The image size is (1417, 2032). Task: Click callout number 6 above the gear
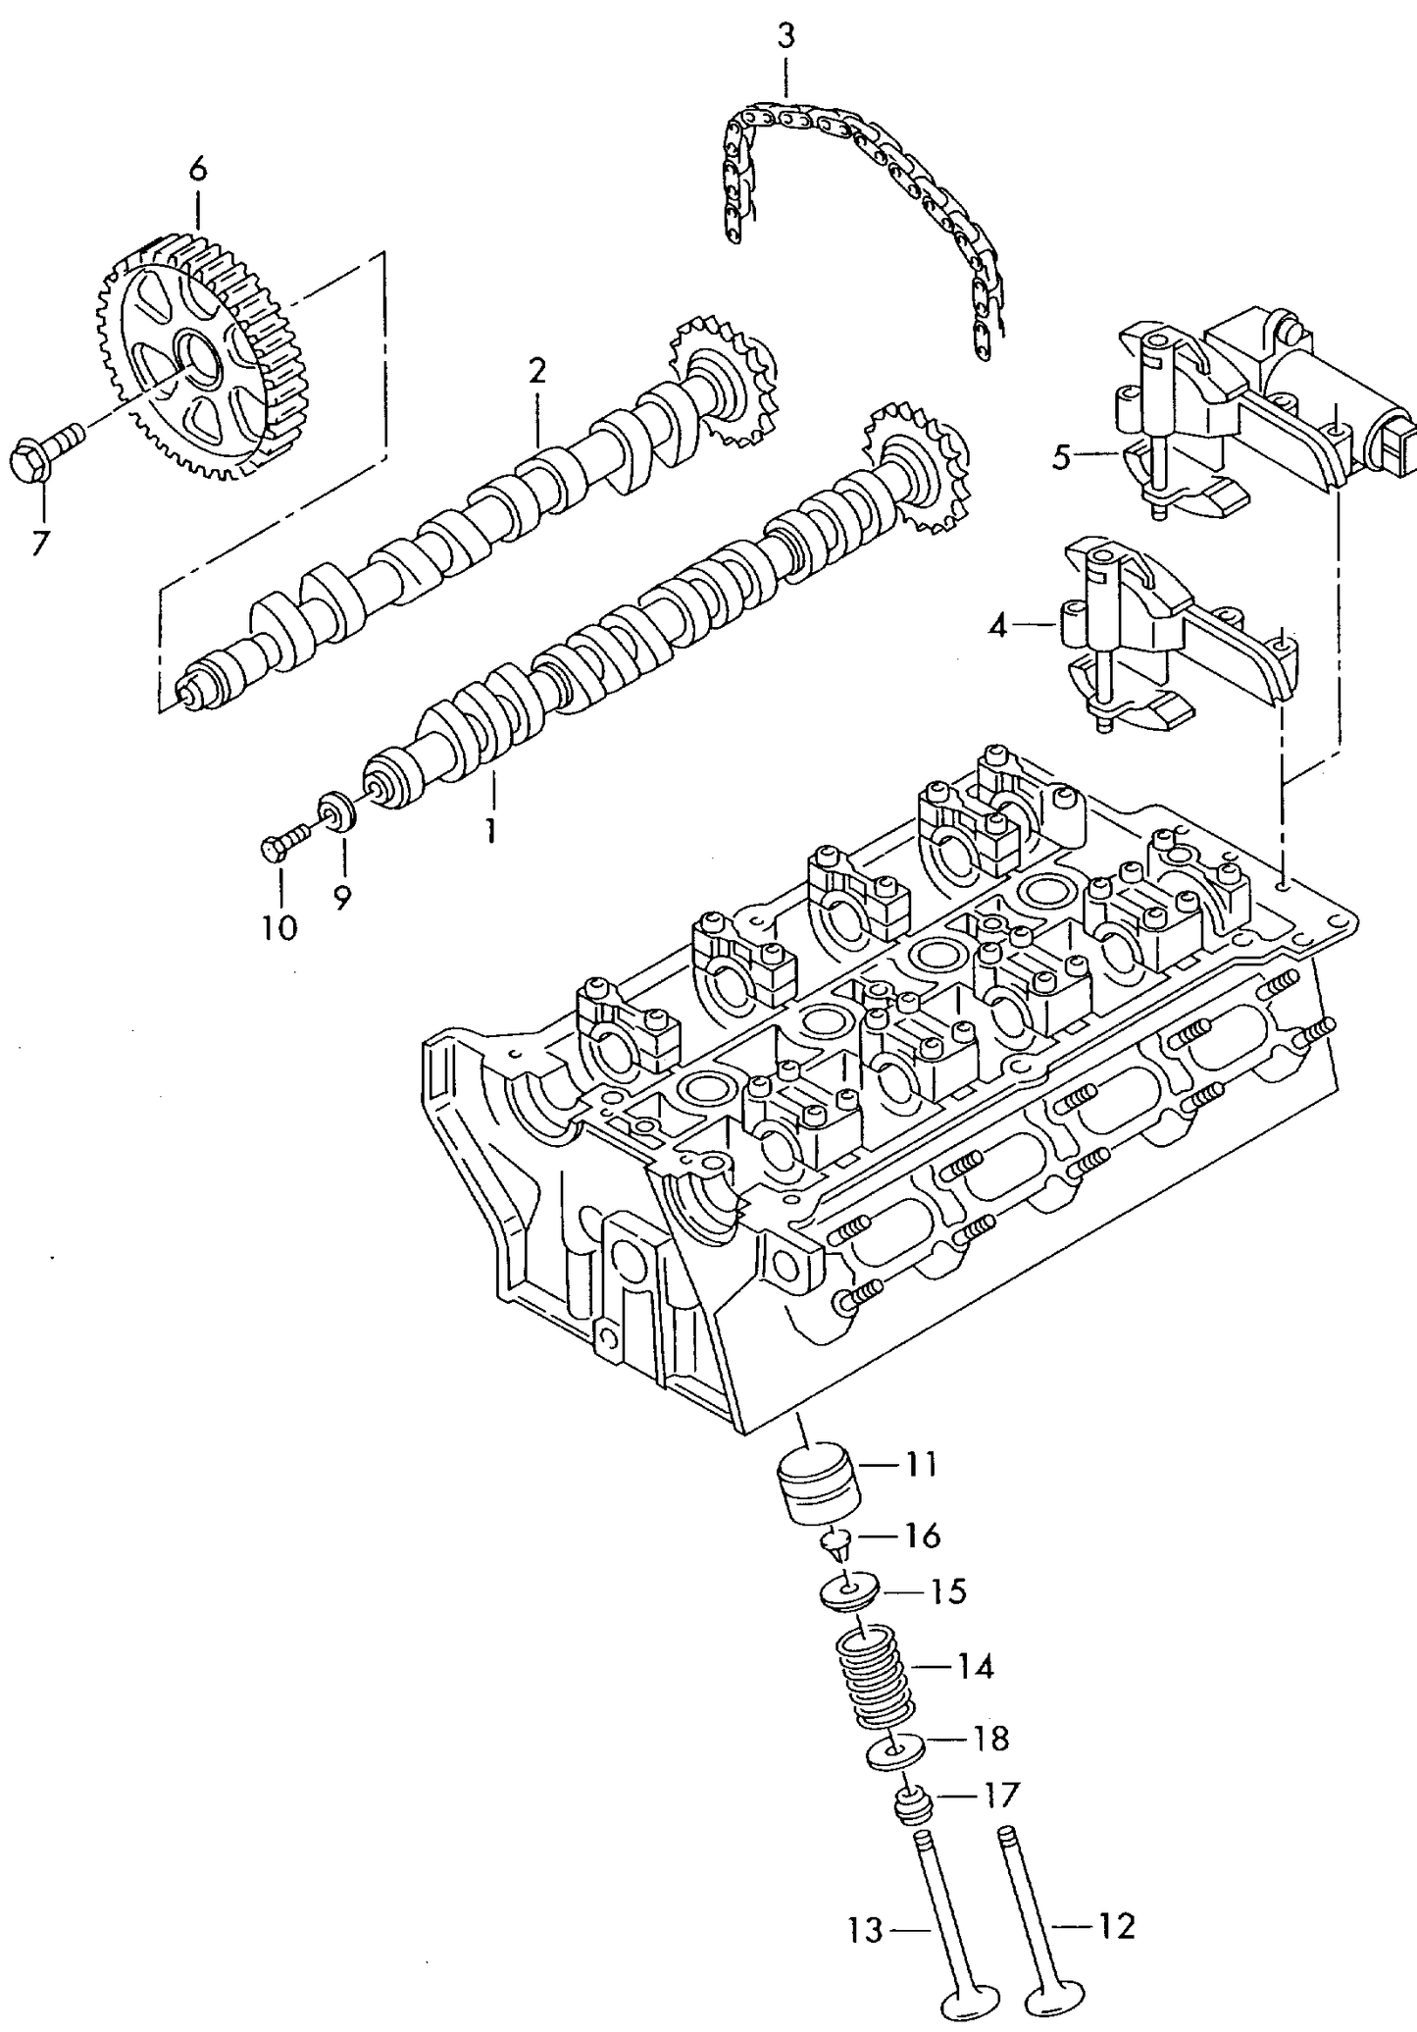198,170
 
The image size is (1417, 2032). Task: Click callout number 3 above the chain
785,38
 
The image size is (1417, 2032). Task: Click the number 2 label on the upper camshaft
536,371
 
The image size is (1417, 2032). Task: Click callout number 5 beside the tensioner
1061,457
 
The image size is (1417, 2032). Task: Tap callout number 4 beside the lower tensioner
997,625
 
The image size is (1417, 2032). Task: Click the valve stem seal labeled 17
914,1803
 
